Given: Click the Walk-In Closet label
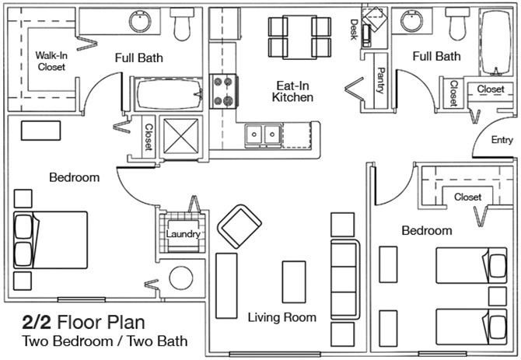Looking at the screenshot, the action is coord(51,61).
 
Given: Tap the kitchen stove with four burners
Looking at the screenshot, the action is coord(223,91).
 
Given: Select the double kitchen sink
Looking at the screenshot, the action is coord(264,135).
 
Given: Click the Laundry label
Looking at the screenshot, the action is coord(183,234).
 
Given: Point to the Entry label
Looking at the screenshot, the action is coord(502,140).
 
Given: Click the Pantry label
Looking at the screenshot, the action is coord(381,81).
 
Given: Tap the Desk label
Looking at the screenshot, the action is coord(354,30).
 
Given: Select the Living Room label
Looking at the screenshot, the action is coord(282,317).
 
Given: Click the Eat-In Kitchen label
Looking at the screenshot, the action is coord(292,92).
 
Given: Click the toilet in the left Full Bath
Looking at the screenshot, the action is coord(182,23).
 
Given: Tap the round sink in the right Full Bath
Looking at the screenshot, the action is coord(411,21).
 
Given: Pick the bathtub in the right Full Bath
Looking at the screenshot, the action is coord(496,43).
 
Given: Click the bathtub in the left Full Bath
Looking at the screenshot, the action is coord(170,94).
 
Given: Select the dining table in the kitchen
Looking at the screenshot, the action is coord(299,37).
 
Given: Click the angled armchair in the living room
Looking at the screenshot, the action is coord(240,226).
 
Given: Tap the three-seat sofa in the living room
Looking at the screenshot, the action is coord(345,279).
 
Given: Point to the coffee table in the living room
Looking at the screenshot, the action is coord(294,282).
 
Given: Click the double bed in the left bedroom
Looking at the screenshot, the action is coord(51,240).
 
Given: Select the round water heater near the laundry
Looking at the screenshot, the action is coord(181,278).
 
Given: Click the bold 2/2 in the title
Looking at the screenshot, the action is coord(37,323).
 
